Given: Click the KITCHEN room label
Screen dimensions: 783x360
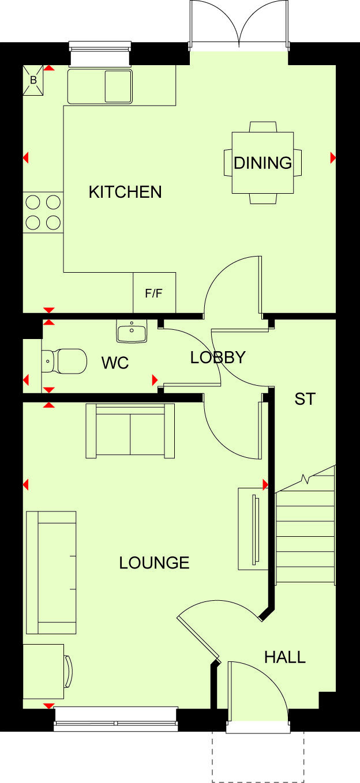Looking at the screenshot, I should [x=125, y=192].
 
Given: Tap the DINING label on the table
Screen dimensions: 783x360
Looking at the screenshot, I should [x=262, y=163].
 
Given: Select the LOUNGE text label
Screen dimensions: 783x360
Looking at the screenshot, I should [x=154, y=563].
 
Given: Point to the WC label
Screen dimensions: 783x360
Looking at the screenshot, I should [x=115, y=363].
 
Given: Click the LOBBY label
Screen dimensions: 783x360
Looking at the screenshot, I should [x=217, y=357].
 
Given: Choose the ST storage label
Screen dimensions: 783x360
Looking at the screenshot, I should [x=305, y=399].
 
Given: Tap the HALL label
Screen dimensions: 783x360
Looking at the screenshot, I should [x=284, y=657].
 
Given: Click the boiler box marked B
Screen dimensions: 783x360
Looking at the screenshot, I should [x=33, y=80].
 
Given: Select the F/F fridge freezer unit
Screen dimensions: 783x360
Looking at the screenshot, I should [x=154, y=293].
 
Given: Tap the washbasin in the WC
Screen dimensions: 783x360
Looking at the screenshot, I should [x=132, y=332].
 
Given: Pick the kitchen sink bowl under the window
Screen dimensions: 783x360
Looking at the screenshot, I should [x=118, y=86].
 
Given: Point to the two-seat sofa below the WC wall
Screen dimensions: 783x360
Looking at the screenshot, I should [x=130, y=431].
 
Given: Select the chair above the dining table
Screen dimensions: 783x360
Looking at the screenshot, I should [x=262, y=127].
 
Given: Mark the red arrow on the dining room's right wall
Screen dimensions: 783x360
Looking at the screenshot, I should [x=333, y=157].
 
